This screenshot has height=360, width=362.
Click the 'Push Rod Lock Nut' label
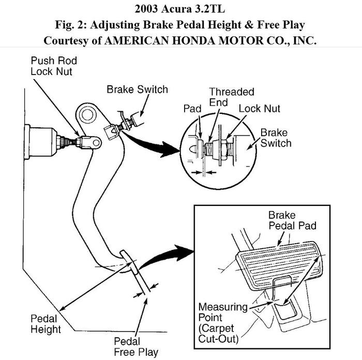click(53, 66)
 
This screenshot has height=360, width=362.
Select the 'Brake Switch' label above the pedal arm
click(137, 89)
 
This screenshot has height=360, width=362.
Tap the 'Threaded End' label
click(224, 97)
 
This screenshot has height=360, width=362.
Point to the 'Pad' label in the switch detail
click(192, 109)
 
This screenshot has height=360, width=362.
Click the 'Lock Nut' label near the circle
click(259, 109)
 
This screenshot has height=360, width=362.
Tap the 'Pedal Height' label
click(46, 324)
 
